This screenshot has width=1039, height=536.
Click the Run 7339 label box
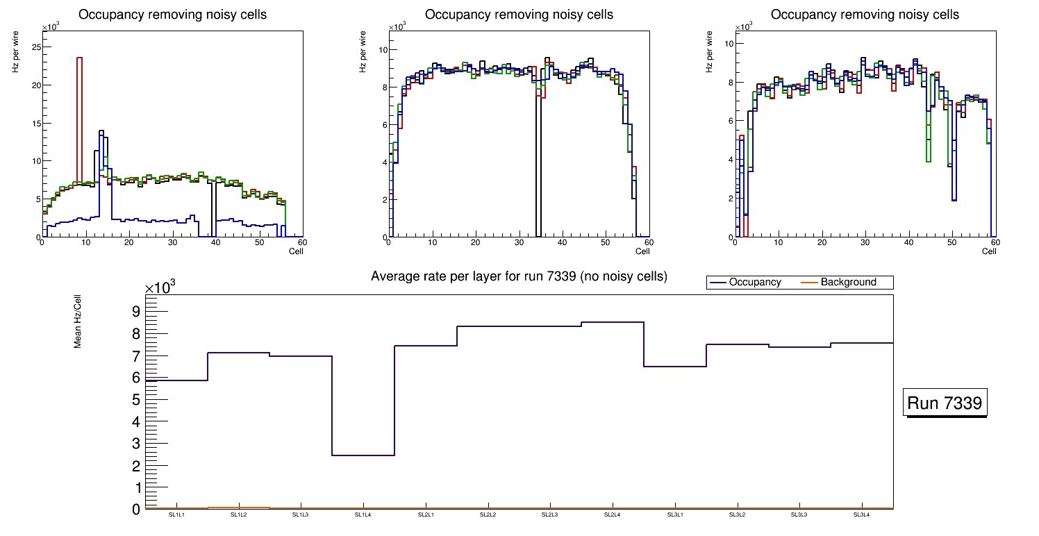click(946, 403)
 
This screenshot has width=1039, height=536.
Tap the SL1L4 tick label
click(363, 515)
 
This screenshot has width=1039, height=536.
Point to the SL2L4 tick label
click(612, 515)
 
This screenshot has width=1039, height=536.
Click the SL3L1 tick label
click(674, 515)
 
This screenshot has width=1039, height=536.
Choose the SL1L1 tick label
click(176, 515)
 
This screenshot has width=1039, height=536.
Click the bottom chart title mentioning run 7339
click(519, 276)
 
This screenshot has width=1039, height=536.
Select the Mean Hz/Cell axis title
click(78, 320)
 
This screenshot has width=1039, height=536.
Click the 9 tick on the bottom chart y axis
click(136, 312)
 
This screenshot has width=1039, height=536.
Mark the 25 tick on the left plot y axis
click(36, 47)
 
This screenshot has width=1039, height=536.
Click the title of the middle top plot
click(519, 15)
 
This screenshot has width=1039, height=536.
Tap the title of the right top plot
click(865, 15)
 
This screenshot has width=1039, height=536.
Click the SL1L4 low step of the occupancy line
click(363, 455)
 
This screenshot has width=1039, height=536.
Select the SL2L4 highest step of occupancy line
click(613, 322)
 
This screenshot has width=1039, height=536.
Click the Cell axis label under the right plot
click(988, 251)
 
